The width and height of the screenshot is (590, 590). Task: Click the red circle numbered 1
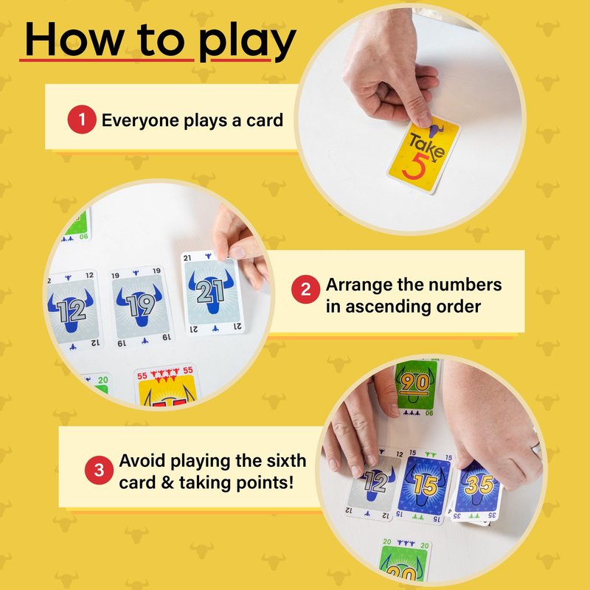click(82, 119)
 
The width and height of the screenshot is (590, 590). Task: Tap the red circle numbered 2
click(305, 289)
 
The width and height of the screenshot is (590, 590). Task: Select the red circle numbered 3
click(99, 470)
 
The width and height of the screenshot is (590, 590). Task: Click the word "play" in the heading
click(247, 41)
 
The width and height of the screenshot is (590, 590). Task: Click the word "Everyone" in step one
click(140, 121)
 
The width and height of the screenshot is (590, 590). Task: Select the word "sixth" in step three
click(286, 460)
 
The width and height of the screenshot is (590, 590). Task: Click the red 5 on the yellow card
click(415, 166)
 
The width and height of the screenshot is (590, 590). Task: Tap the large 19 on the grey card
click(140, 305)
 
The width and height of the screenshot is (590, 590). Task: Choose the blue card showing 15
click(424, 485)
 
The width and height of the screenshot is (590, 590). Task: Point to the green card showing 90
click(416, 388)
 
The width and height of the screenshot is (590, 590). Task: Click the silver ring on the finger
click(536, 448)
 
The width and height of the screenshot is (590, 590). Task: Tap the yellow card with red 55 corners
click(167, 386)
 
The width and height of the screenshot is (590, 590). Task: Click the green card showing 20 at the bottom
click(405, 560)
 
